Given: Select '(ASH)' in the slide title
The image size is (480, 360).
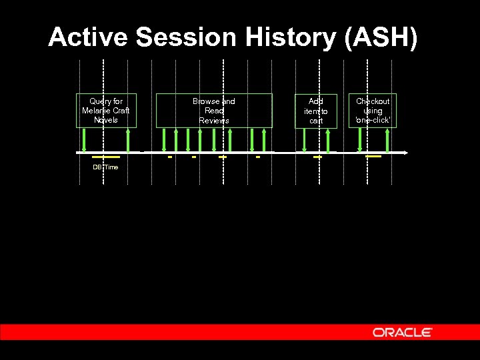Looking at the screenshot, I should pyautogui.click(x=380, y=37).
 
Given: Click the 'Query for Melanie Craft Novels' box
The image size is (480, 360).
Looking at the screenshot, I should pyautogui.click(x=106, y=111).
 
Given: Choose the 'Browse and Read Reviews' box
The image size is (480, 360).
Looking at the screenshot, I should pyautogui.click(x=214, y=111).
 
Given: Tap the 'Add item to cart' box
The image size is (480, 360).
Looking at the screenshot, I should pyautogui.click(x=316, y=111).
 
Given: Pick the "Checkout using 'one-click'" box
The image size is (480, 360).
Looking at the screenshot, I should pyautogui.click(x=373, y=111).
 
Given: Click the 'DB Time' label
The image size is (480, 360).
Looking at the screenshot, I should pyautogui.click(x=105, y=167).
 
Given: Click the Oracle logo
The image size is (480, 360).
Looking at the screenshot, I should pyautogui.click(x=403, y=332).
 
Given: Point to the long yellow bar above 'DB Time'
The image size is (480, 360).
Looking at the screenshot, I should pyautogui.click(x=106, y=157).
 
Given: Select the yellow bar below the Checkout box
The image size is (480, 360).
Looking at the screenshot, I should pyautogui.click(x=373, y=157).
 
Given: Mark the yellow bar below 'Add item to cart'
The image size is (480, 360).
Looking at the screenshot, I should pyautogui.click(x=317, y=157).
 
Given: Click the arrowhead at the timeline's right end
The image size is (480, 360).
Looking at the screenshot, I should pyautogui.click(x=405, y=153).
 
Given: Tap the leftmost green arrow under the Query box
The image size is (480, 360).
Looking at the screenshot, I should pyautogui.click(x=84, y=140).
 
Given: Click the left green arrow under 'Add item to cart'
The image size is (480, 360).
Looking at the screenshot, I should pyautogui.click(x=305, y=140).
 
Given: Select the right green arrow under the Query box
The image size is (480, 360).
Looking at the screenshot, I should pyautogui.click(x=127, y=140).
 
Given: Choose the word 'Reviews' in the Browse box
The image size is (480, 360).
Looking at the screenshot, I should pyautogui.click(x=214, y=121).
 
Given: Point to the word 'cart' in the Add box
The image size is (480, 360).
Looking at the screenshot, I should pyautogui.click(x=316, y=121).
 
